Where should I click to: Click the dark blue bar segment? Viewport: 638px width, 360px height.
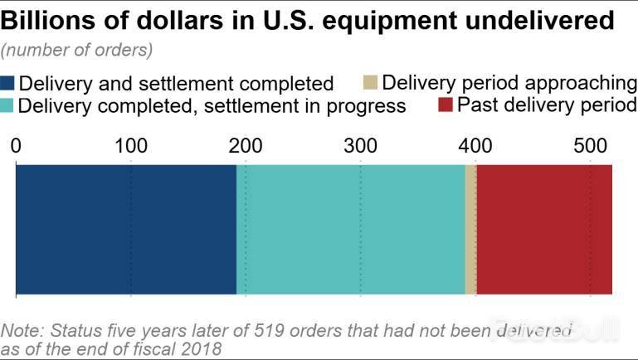126,229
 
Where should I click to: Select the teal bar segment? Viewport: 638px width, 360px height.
351,229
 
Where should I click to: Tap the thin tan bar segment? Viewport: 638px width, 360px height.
470,229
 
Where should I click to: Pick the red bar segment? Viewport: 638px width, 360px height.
543,229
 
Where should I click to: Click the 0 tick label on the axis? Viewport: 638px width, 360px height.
17,146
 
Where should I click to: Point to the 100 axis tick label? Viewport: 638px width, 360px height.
131,146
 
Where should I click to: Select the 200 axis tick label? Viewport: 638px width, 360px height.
246,146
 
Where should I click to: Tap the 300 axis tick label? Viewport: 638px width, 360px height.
360,146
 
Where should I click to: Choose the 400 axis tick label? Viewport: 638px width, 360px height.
475,146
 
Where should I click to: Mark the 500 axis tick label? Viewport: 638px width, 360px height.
589,146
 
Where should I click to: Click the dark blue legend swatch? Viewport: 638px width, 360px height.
8,84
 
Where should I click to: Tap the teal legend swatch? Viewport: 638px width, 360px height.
8,105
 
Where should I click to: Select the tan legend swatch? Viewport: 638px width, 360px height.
371,82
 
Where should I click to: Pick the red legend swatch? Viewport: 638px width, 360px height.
444,105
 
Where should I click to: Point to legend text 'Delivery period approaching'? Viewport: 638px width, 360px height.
509,82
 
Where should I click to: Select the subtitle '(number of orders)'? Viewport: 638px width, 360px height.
77,50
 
